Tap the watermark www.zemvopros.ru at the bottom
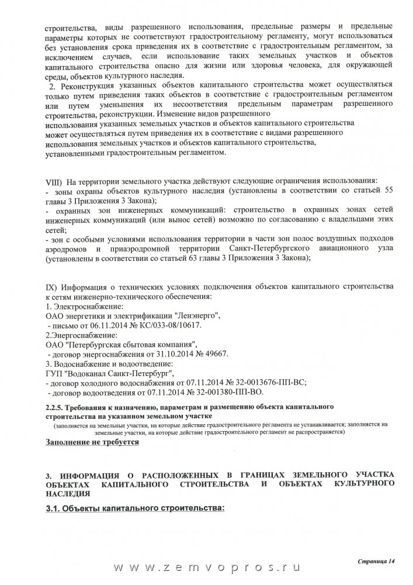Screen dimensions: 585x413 point(206,568)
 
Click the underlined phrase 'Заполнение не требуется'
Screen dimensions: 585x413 point(92,442)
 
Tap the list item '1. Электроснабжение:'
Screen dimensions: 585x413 point(84,307)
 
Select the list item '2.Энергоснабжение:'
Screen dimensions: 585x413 point(81,335)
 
